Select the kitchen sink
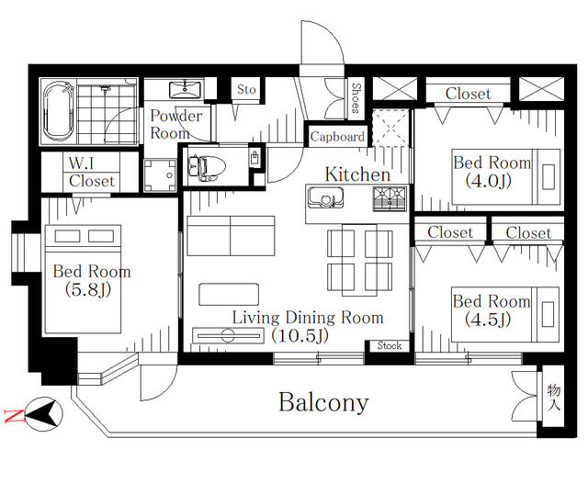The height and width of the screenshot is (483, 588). point(325,198)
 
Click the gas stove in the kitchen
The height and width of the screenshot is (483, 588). point(390,198)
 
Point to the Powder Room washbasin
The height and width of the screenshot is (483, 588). point(186,89)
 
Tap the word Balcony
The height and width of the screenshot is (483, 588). point(323,402)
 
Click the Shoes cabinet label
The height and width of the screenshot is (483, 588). point(356,98)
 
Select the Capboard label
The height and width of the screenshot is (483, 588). point(337,137)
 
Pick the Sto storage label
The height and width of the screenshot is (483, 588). point(246,89)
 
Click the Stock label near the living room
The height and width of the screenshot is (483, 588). point(390,345)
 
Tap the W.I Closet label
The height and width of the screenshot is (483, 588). point(91,173)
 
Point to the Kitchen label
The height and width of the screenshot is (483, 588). point(357,174)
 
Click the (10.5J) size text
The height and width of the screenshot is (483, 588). point(300,335)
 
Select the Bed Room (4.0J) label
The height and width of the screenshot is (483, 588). point(492,172)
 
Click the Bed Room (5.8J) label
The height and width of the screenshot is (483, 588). point(92,280)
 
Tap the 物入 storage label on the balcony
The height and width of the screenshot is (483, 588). point(553,398)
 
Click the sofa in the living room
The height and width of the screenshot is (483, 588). point(231,236)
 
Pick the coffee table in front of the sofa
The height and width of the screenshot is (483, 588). point(229,294)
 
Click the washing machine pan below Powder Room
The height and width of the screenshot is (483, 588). point(160,175)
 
